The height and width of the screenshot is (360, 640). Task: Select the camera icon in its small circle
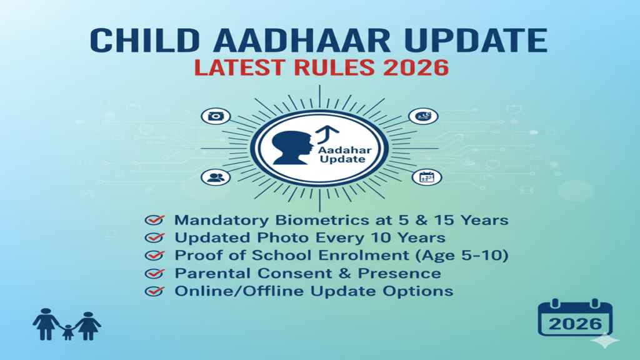pyautogui.click(x=216, y=116)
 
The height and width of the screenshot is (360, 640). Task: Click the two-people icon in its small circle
pyautogui.click(x=216, y=177)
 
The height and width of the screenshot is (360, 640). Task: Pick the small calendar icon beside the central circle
pyautogui.click(x=427, y=177)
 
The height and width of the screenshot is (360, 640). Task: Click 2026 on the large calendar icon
pyautogui.click(x=575, y=324)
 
